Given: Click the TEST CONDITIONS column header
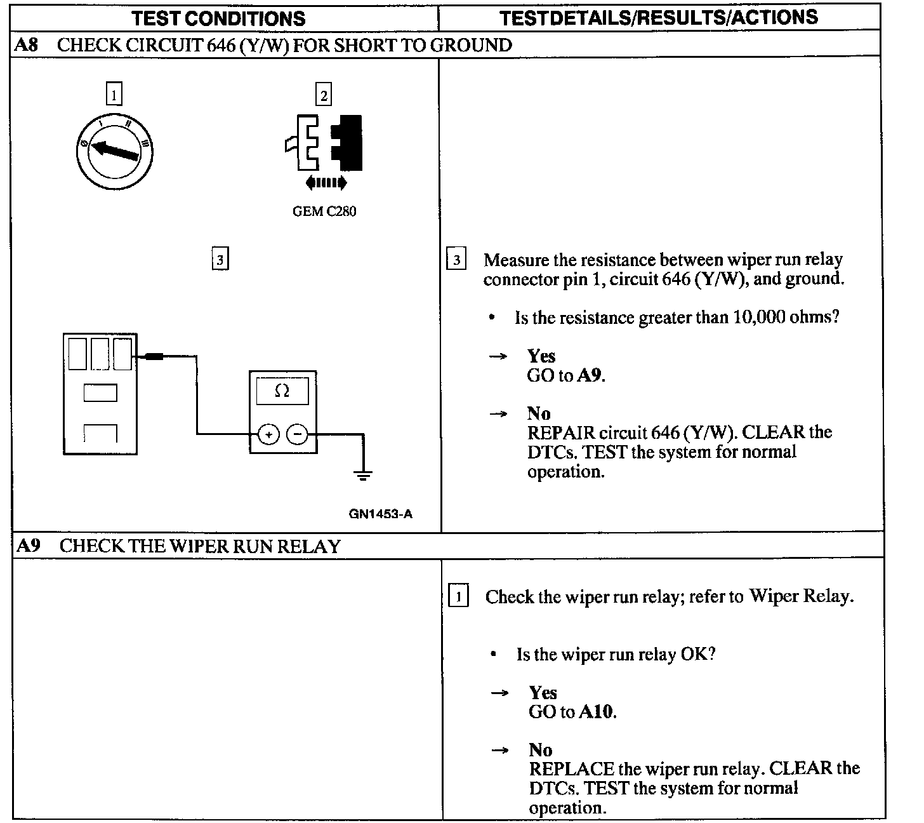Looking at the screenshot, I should tap(219, 18).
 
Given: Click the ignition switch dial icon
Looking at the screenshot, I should tap(115, 151).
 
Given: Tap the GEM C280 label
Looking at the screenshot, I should tap(324, 211).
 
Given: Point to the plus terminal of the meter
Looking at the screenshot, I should tap(268, 434).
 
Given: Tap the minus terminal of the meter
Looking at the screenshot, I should tap(297, 434).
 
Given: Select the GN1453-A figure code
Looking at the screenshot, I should tap(380, 514).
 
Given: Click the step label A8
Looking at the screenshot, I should tap(26, 45).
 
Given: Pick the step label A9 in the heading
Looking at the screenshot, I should tap(28, 546).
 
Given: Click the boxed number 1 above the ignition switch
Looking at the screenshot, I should tap(114, 95).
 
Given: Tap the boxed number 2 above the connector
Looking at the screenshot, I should tap(324, 95).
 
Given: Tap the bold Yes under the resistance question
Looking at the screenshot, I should tap(541, 356).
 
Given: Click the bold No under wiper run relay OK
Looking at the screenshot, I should tap(540, 750).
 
